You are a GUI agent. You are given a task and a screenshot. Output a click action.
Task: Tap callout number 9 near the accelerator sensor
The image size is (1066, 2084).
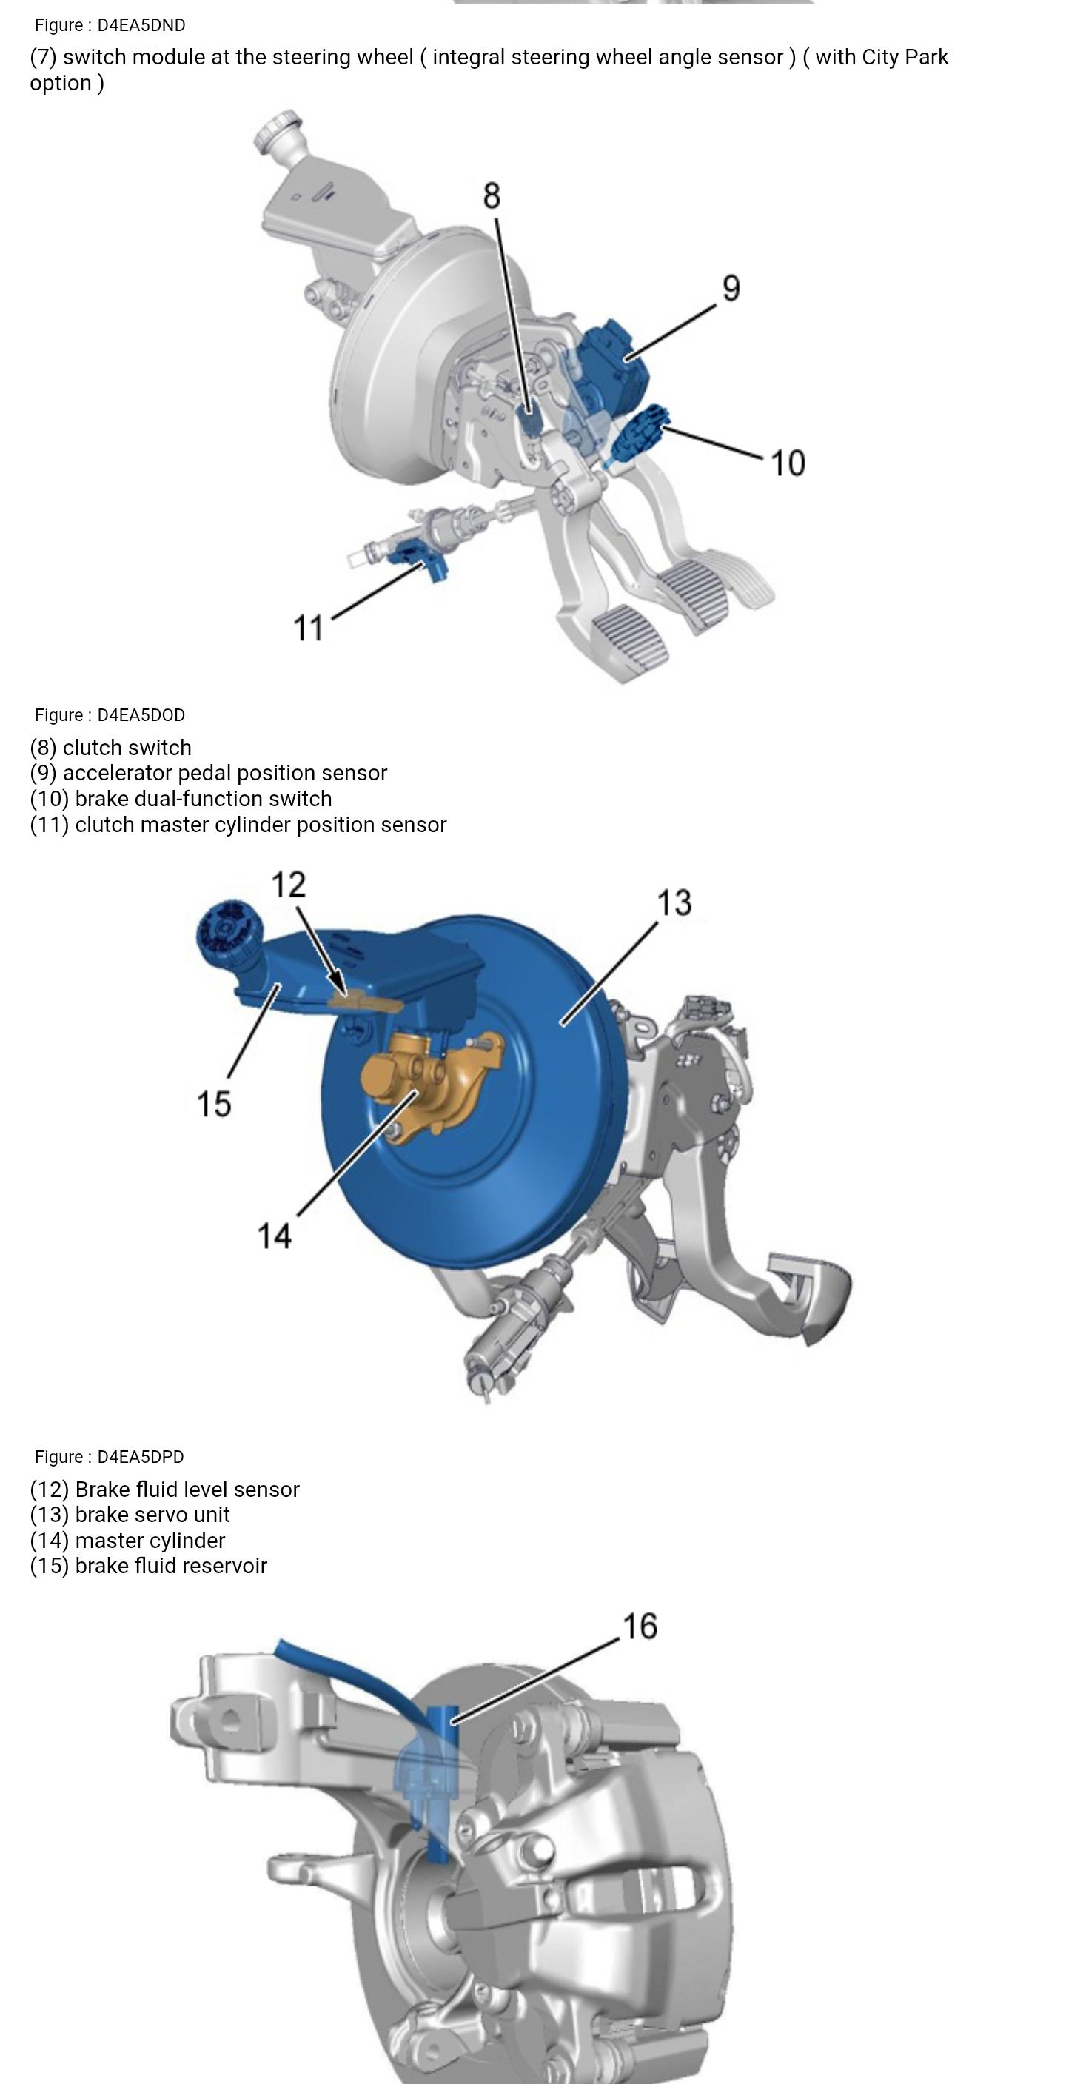(x=731, y=288)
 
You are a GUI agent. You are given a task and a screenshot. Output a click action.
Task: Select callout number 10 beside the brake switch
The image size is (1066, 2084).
(x=787, y=463)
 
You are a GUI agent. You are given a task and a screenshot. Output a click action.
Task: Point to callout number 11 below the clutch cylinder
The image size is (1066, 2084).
(x=307, y=628)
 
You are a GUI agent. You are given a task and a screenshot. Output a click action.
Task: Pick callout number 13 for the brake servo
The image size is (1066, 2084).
(x=674, y=903)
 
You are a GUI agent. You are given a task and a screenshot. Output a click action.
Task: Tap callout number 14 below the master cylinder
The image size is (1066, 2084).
(x=273, y=1236)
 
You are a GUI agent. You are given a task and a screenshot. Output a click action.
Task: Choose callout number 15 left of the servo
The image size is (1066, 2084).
(x=213, y=1104)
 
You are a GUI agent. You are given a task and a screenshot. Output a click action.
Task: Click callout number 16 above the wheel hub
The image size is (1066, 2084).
(x=639, y=1626)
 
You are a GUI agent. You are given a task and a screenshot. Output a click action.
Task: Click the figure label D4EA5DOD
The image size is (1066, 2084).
(x=110, y=715)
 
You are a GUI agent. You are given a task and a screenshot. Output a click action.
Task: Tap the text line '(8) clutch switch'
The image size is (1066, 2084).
(x=111, y=748)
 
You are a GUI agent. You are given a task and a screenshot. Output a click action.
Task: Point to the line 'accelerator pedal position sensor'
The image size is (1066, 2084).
(x=209, y=774)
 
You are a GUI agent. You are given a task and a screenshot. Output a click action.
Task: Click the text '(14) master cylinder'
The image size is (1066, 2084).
(x=128, y=1541)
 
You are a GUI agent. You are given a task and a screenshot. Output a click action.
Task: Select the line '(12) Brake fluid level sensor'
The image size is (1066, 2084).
(x=165, y=1490)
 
